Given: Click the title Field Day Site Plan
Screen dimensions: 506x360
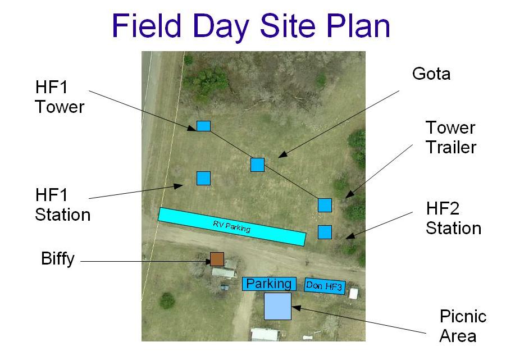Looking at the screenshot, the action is pos(250,26).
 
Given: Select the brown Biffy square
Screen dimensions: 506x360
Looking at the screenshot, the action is pos(217,259).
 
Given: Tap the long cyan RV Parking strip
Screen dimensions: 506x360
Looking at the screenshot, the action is pos(232,226).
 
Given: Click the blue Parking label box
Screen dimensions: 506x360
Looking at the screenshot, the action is pos(269,284).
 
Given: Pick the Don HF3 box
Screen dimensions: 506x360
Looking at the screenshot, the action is pos(325,286).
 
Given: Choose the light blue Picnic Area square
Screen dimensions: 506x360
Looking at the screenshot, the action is pos(277,306).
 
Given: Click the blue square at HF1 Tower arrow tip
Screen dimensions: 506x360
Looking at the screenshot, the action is pos(204,126).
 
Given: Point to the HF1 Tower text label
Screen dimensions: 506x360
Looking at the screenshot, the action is pos(60,97).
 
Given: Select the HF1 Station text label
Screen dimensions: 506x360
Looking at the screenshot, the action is pos(62,205).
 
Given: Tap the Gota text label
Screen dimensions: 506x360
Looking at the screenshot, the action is pos(431,74).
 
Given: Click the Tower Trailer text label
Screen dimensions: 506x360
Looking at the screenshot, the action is pos(451,137).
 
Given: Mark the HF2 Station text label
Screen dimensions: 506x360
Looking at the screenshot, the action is pos(453,218).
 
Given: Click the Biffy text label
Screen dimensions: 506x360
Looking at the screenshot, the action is pos(58,258).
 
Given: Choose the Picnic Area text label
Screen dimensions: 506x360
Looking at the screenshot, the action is pos(463,326).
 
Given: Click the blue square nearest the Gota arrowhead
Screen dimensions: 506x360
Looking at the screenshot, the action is pos(258,165).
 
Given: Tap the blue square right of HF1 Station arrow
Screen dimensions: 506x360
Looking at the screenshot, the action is pos(204,178).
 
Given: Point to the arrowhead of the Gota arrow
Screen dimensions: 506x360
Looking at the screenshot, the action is pos(282,155).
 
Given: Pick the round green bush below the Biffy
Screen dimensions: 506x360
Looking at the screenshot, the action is pos(167,300).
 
